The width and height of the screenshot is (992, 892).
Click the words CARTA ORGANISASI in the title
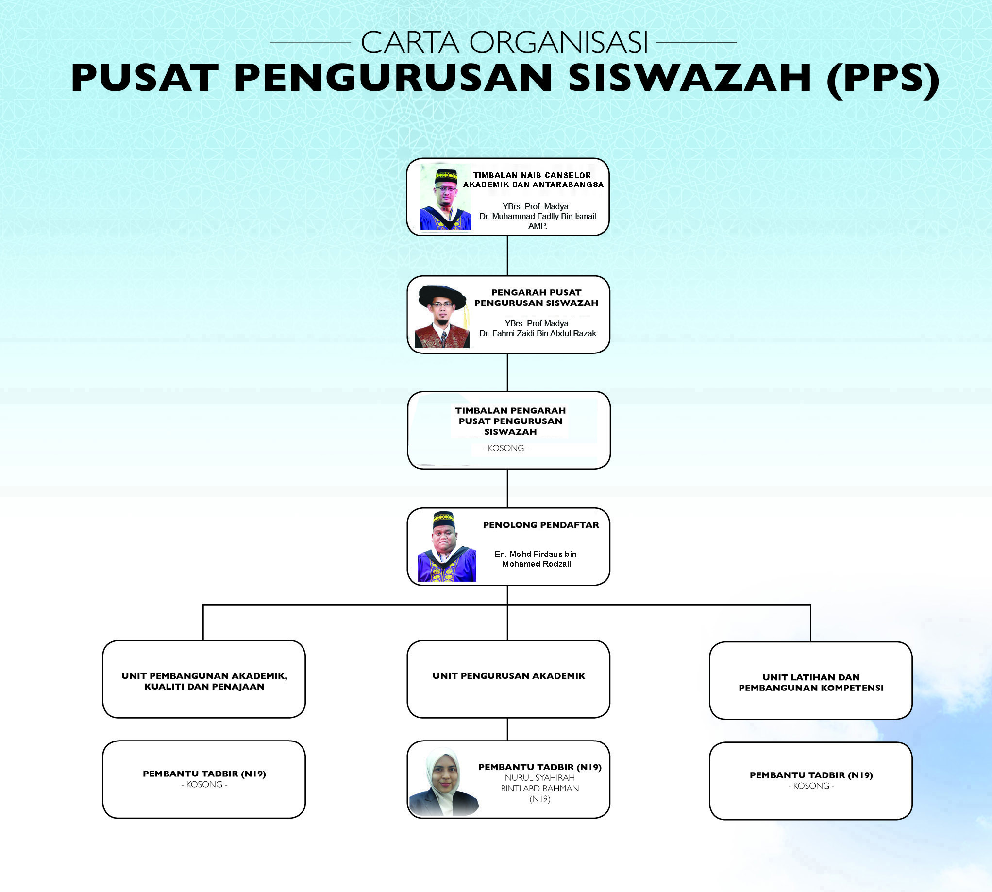pyautogui.click(x=504, y=43)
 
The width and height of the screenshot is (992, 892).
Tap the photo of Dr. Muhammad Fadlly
pyautogui.click(x=445, y=197)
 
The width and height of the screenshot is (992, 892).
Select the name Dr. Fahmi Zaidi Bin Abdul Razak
pyautogui.click(x=538, y=333)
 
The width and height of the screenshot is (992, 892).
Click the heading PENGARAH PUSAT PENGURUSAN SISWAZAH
pyautogui.click(x=536, y=298)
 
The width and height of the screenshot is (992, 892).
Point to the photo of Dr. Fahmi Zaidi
pyautogui.click(x=441, y=317)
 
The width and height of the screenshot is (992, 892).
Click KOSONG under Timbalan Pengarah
pyautogui.click(x=506, y=448)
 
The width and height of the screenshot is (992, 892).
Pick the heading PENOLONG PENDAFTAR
pyautogui.click(x=540, y=525)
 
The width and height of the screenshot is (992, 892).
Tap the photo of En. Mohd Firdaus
pyautogui.click(x=447, y=546)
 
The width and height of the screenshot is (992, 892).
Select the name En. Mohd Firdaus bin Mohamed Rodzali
pyautogui.click(x=536, y=559)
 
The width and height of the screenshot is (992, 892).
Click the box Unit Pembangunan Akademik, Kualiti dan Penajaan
pyautogui.click(x=204, y=679)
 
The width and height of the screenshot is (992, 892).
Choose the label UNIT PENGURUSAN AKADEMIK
pyautogui.click(x=509, y=676)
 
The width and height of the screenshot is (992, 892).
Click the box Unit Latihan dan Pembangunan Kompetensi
pyautogui.click(x=811, y=681)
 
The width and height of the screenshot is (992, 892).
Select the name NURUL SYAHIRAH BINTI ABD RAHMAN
pyautogui.click(x=539, y=783)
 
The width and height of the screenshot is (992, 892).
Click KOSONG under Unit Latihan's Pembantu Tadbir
pyautogui.click(x=811, y=786)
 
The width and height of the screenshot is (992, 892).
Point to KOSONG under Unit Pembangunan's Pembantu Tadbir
pyautogui.click(x=204, y=784)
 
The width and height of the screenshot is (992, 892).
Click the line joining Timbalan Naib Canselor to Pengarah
pyautogui.click(x=507, y=256)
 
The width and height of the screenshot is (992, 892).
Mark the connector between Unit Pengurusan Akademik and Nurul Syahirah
pyautogui.click(x=507, y=729)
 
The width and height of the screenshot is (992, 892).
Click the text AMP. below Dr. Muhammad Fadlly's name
pyautogui.click(x=537, y=226)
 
